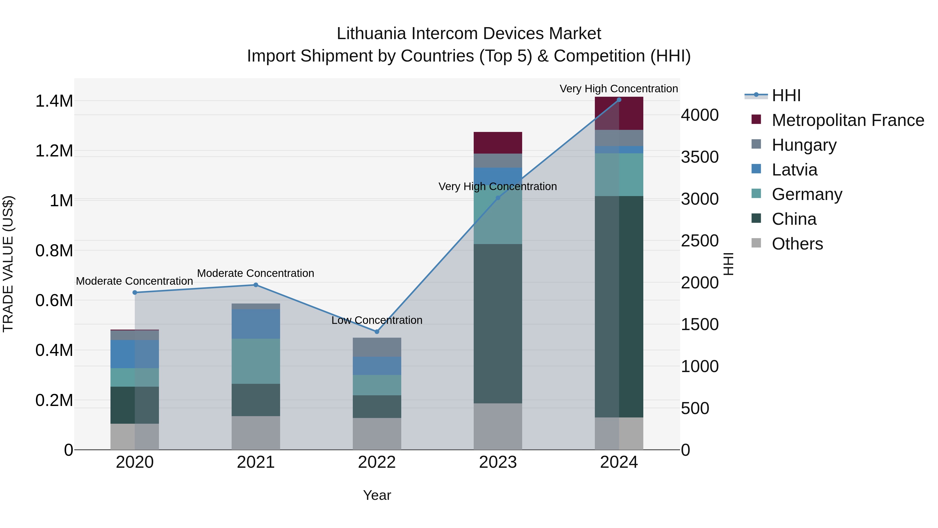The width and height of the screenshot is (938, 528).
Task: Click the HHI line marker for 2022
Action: pyautogui.click(x=377, y=332)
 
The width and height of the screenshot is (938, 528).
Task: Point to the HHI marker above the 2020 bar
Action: pyautogui.click(x=135, y=293)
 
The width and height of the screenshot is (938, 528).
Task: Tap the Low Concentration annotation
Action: pyautogui.click(x=377, y=320)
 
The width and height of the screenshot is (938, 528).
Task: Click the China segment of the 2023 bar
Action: pyautogui.click(x=498, y=324)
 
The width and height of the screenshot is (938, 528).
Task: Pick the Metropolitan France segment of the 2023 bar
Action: pyautogui.click(x=498, y=143)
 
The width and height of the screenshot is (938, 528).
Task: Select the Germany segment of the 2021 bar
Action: pyautogui.click(x=256, y=361)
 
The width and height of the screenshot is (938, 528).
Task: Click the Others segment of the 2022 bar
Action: pyautogui.click(x=377, y=434)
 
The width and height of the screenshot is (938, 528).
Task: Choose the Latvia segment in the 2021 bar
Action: pyautogui.click(x=256, y=324)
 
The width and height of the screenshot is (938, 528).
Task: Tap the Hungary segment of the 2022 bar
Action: pyautogui.click(x=377, y=347)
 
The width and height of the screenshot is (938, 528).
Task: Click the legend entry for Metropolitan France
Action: pyautogui.click(x=848, y=120)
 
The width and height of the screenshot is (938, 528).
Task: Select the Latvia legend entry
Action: pyautogui.click(x=794, y=170)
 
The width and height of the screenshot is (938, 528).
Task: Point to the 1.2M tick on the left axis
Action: pyautogui.click(x=54, y=151)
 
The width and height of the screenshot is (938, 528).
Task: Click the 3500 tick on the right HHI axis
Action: pyautogui.click(x=700, y=157)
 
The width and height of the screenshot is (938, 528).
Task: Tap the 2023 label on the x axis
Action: pyautogui.click(x=498, y=462)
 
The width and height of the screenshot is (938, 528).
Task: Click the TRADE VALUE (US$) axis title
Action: pyautogui.click(x=8, y=264)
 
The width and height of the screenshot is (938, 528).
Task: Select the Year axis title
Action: pyautogui.click(x=377, y=495)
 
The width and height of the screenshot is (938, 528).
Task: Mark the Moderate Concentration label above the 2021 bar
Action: pyautogui.click(x=256, y=273)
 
